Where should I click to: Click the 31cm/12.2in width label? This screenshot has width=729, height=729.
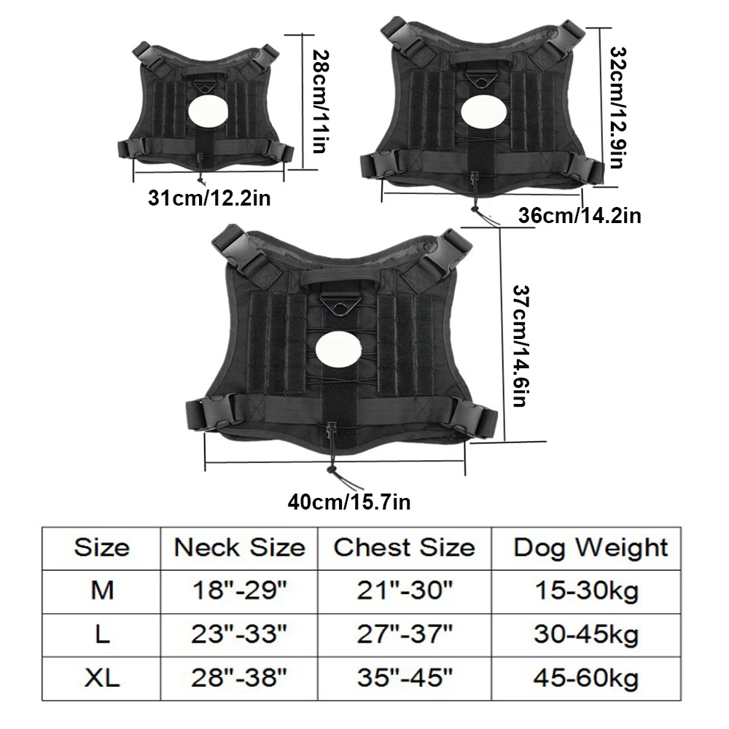pyautogui.click(x=209, y=198)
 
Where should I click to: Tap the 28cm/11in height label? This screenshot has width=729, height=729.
pyautogui.click(x=319, y=102)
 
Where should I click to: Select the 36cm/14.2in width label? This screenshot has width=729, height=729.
pyautogui.click(x=580, y=216)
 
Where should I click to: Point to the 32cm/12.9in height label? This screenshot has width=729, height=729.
pyautogui.click(x=617, y=107)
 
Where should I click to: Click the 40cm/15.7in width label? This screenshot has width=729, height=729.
pyautogui.click(x=349, y=502)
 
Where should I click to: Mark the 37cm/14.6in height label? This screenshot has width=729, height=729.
pyautogui.click(x=521, y=346)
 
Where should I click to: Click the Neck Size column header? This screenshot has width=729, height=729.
pyautogui.click(x=239, y=547)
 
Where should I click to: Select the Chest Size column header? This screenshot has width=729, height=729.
pyautogui.click(x=404, y=547)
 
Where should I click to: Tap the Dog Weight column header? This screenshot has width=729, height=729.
pyautogui.click(x=590, y=548)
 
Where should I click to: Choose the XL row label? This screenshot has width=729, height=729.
pyautogui.click(x=102, y=678)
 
